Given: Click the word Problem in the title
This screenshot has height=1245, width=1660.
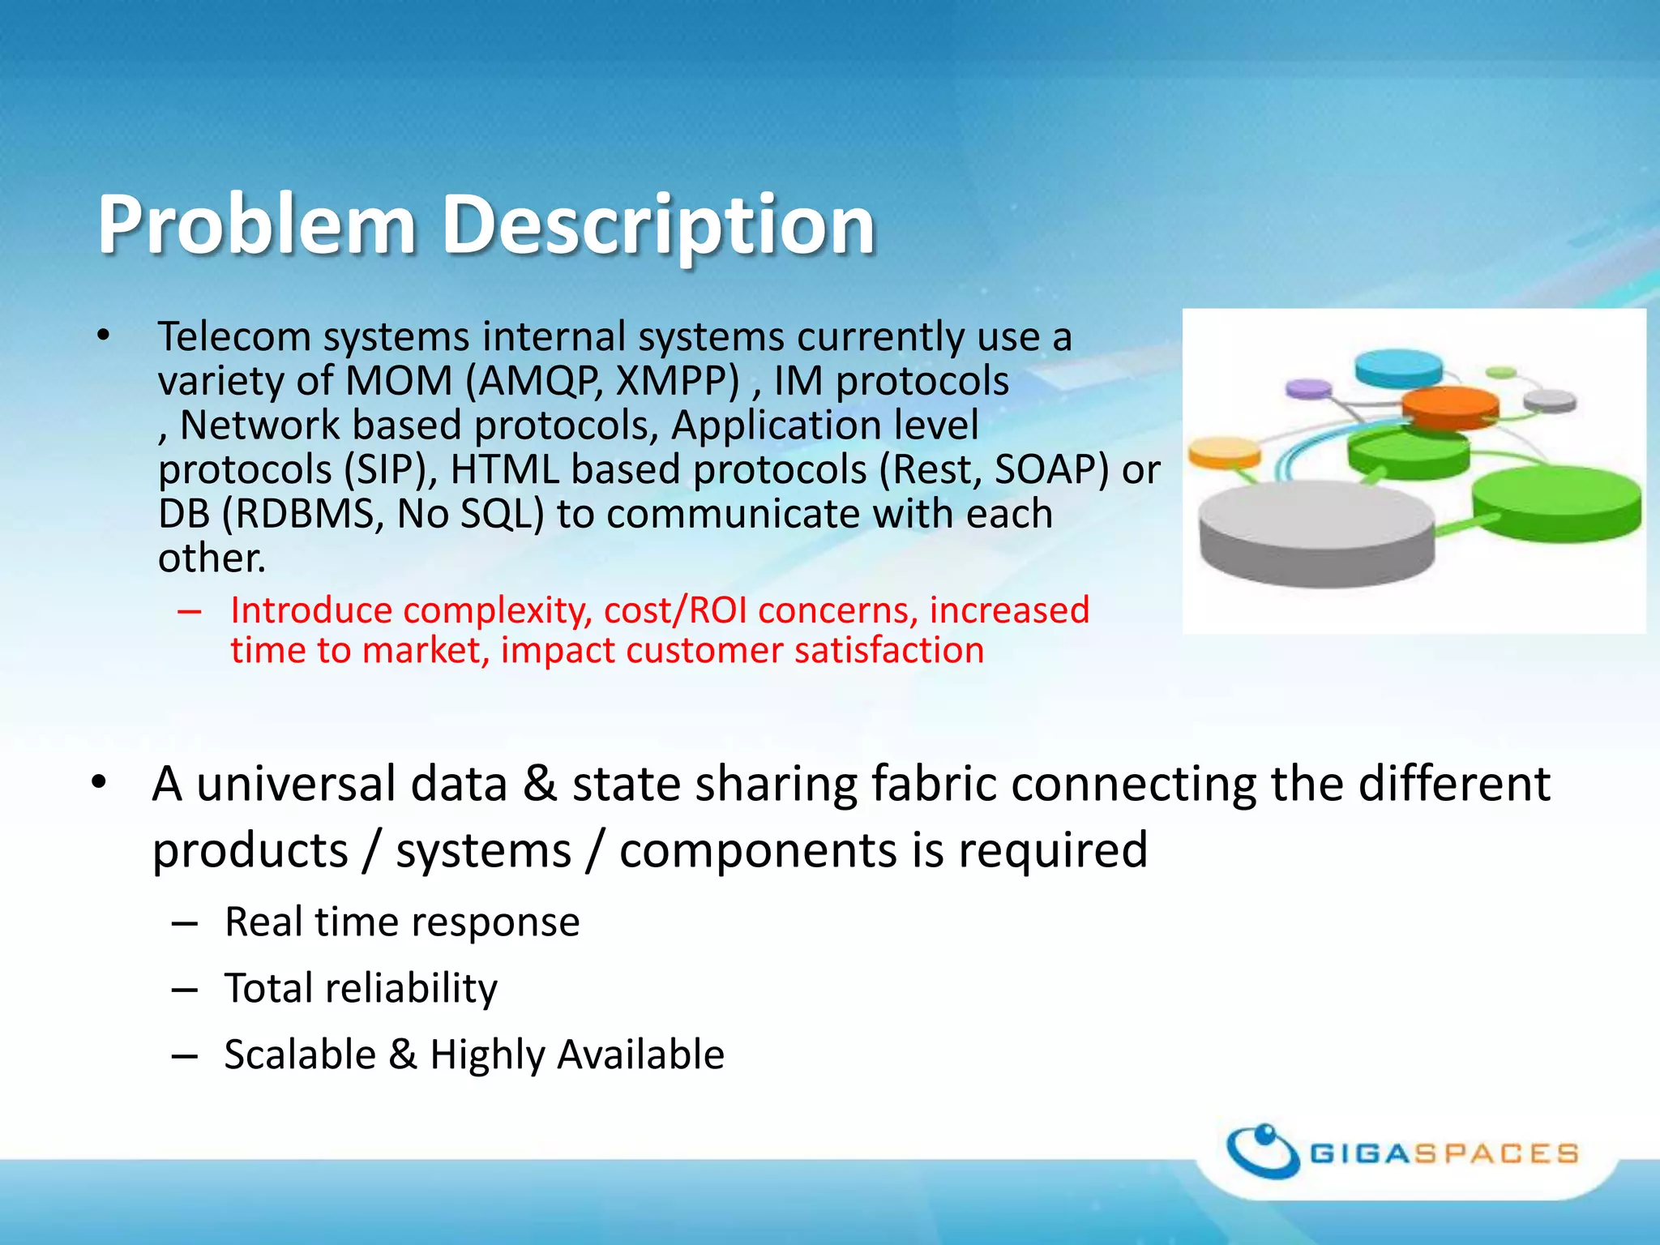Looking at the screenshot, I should [x=256, y=225].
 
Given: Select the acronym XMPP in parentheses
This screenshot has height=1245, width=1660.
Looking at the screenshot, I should [x=677, y=381].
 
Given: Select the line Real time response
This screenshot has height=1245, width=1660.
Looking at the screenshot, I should [x=402, y=922].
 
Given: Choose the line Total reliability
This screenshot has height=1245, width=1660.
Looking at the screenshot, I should [x=361, y=988].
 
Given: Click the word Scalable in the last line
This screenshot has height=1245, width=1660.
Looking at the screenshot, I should [x=300, y=1055].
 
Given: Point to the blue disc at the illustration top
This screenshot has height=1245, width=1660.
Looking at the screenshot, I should [x=1398, y=366].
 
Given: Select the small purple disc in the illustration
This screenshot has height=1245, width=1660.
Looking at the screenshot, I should [x=1308, y=389].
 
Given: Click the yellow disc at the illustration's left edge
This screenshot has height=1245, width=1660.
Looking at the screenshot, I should [x=1224, y=452].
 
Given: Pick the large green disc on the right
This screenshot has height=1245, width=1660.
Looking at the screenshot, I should [x=1555, y=503].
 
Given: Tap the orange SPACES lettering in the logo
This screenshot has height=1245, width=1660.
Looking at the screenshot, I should [x=1496, y=1153].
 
